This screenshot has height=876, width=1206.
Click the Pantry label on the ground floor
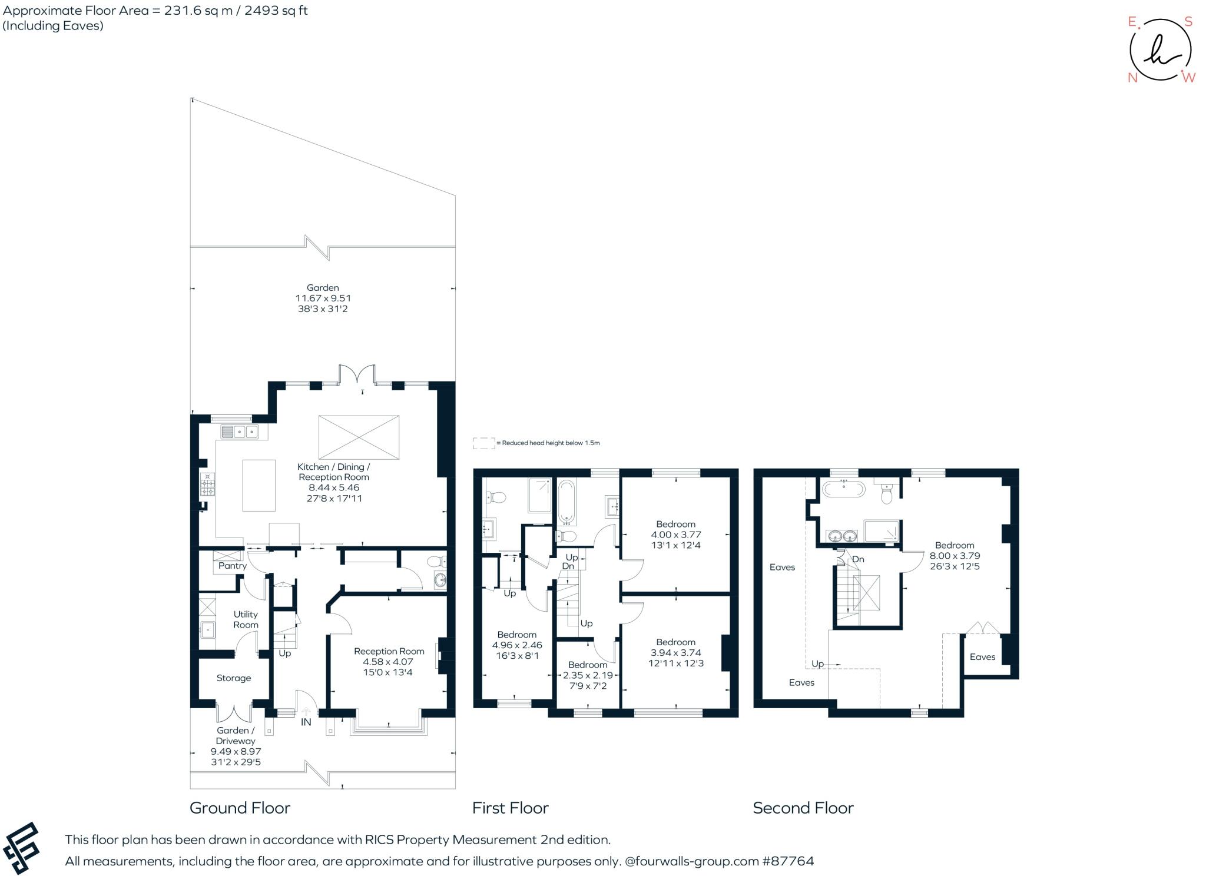(232, 566)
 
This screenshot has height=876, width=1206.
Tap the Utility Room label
(246, 619)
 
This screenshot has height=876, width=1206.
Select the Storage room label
(234, 678)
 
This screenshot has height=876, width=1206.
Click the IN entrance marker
(306, 722)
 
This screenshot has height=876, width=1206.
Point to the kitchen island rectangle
(259, 485)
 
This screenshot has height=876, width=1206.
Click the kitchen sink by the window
(240, 433)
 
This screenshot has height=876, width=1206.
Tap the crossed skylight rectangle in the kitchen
(359, 437)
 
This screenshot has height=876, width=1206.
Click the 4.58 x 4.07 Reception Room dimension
(388, 662)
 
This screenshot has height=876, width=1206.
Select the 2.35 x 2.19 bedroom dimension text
(588, 675)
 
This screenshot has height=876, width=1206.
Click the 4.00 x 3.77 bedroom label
(675, 535)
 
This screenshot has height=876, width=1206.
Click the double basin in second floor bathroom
(841, 536)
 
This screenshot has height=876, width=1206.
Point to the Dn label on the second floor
(858, 559)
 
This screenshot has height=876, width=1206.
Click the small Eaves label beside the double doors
(982, 657)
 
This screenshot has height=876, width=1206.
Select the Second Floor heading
(803, 808)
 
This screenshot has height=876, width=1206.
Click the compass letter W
(1188, 78)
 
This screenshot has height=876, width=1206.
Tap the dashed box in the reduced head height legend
(483, 443)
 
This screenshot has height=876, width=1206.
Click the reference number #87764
(788, 861)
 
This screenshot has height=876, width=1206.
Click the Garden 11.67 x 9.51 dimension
(323, 298)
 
